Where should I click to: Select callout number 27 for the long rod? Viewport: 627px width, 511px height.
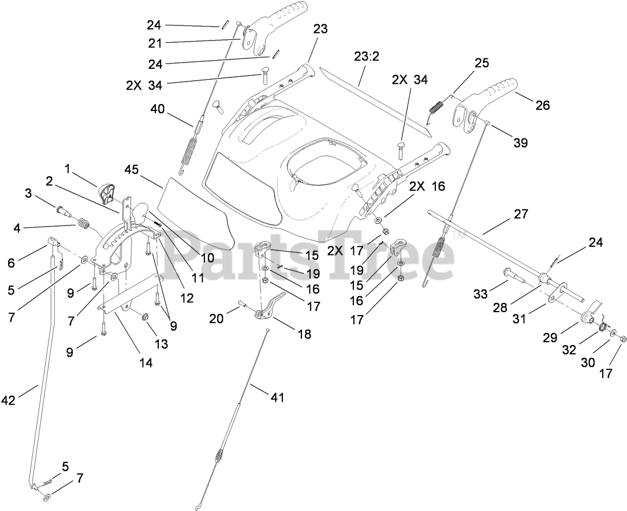520,214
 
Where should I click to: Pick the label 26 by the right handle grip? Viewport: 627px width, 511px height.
542,105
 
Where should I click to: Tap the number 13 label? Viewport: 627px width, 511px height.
161,344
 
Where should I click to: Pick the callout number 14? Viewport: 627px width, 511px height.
145,362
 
